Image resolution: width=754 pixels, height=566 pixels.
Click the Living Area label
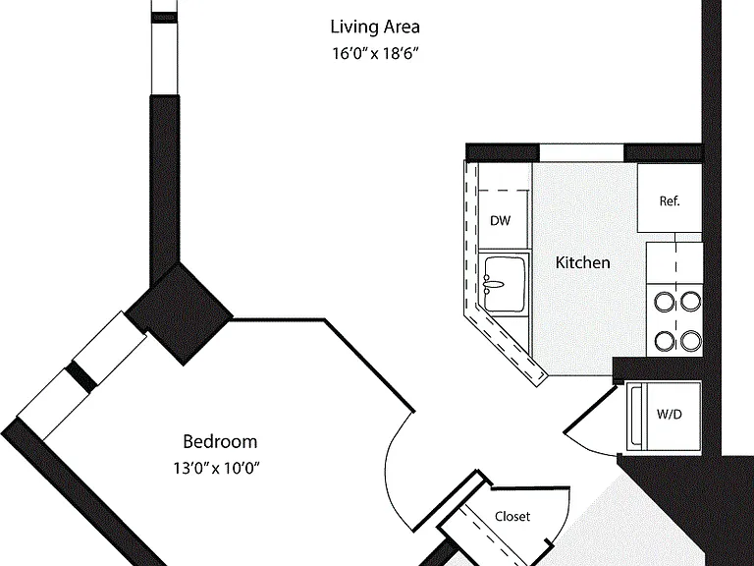pos(375,27)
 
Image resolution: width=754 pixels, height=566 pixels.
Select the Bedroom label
pos(220,441)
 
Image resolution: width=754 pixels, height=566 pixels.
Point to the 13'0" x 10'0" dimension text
pos(216,468)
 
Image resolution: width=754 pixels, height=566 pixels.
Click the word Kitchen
pos(583,262)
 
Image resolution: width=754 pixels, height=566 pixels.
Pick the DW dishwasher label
pos(500,221)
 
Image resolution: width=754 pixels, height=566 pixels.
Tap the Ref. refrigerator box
pos(670,198)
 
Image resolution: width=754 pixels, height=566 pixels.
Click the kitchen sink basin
pos(505,284)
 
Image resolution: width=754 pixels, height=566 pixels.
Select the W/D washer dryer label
pos(669,414)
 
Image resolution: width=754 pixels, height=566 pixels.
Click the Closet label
pos(512,517)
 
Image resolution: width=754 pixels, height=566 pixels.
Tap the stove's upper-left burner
pos(665,302)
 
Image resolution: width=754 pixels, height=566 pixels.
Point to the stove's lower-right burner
pos(691,341)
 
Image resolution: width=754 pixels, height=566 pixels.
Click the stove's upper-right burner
pos(691,302)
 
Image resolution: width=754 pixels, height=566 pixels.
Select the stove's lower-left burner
pos(665,341)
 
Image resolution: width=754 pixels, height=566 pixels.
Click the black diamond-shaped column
pos(180,313)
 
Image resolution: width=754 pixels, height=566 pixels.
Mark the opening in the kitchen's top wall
pos(581,152)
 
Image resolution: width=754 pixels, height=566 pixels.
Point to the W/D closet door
pos(590,407)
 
